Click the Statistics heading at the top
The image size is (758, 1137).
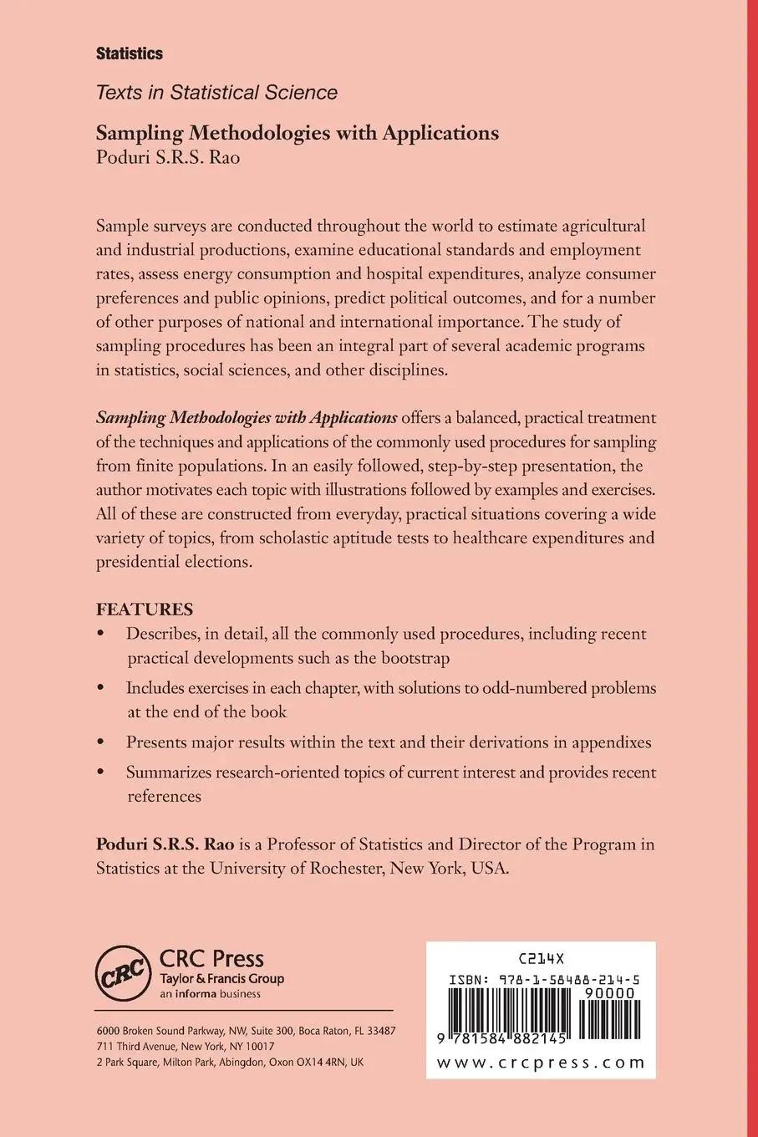tap(130, 54)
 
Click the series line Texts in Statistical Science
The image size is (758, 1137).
tap(216, 93)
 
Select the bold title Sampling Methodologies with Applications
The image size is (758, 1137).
tap(298, 133)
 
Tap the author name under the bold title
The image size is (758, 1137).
tap(168, 157)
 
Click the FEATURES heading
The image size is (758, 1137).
tap(145, 609)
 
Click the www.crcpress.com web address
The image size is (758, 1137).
tap(541, 1063)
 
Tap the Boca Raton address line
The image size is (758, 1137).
tap(246, 1031)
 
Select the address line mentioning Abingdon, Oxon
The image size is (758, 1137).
tap(230, 1063)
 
